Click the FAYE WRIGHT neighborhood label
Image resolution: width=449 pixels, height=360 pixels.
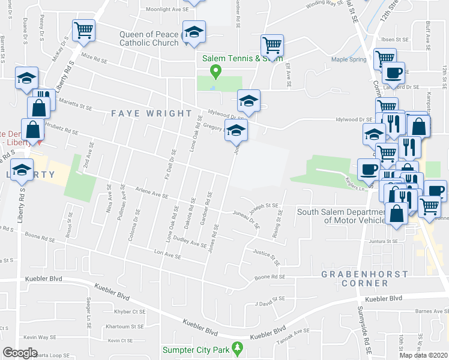click(x=151, y=113)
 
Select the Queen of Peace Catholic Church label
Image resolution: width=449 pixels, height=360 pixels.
click(x=148, y=38)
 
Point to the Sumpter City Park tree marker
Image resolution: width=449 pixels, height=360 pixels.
click(x=238, y=347)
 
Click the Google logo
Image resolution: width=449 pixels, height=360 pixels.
click(x=20, y=353)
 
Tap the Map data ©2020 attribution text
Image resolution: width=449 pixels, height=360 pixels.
click(x=424, y=355)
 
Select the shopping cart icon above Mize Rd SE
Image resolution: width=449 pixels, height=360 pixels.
click(x=83, y=30)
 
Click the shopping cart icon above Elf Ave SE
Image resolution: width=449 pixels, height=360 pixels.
click(x=272, y=45)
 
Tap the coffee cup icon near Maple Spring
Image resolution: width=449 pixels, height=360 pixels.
click(x=393, y=73)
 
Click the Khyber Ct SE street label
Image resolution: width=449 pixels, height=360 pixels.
click(x=130, y=311)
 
